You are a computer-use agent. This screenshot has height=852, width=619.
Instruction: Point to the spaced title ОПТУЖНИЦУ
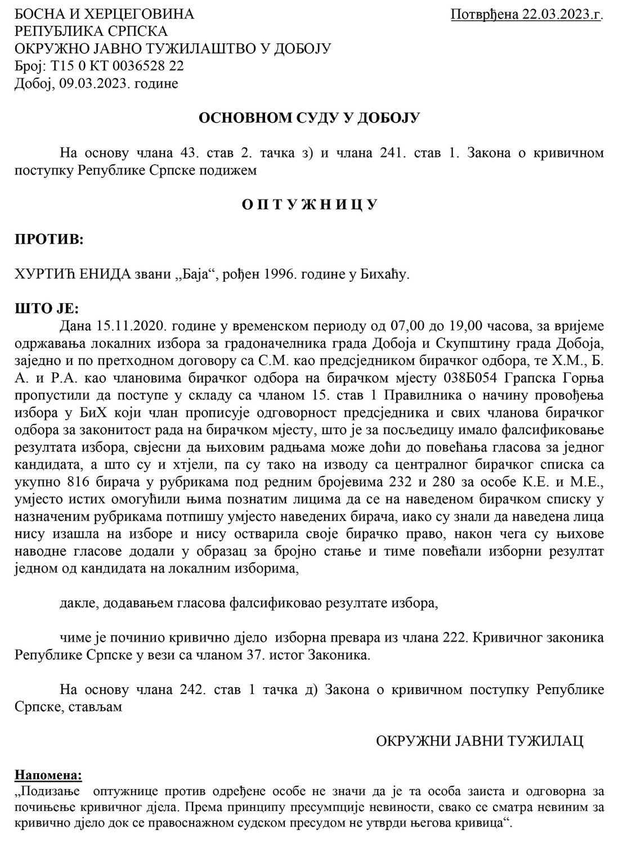pos(309,204)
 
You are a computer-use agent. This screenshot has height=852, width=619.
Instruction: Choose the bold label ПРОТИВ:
pos(49,239)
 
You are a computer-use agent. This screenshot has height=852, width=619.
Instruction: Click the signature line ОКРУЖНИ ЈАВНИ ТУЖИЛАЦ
pos(479,741)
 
